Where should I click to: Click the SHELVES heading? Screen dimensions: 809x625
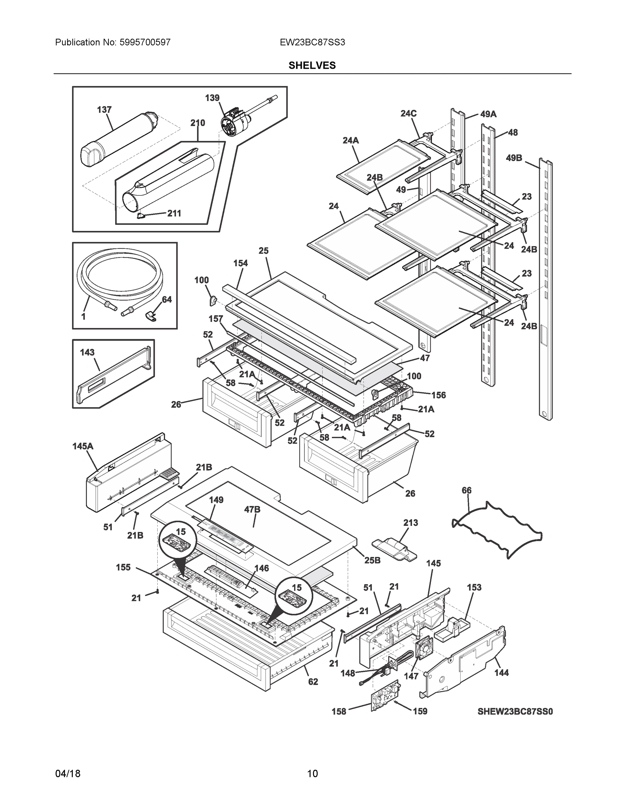pos(312,66)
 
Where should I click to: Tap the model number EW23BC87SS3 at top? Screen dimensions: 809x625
pos(312,42)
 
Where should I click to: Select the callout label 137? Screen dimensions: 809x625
pos(104,110)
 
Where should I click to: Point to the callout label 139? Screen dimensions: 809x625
pos(212,98)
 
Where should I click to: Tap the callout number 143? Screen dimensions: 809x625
pos(87,352)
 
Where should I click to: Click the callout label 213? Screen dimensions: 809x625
pos(410,523)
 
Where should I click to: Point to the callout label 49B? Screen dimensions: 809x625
pos(514,158)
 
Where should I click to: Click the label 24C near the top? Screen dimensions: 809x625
pos(408,113)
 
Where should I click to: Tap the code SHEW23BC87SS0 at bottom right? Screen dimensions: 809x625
pos(515,711)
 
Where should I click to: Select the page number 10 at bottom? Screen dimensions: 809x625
pos(312,774)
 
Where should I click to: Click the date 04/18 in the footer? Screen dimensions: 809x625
pos(68,774)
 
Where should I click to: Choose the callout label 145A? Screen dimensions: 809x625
pos(83,446)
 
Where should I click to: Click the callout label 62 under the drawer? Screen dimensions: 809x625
pos(313,682)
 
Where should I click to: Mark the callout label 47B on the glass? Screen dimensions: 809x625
pos(252,510)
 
